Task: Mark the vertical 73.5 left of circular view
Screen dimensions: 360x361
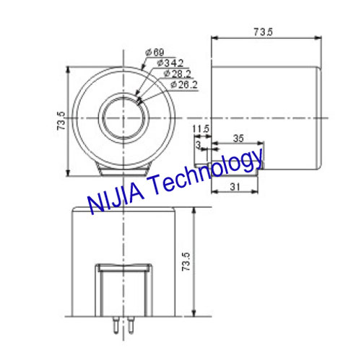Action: coord(61,120)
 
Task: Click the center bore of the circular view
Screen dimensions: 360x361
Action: coord(121,116)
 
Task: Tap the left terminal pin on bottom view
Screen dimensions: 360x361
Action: coord(115,326)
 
